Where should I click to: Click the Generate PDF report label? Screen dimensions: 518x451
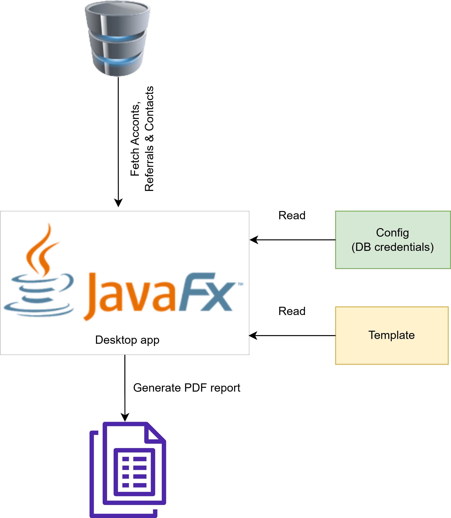pyautogui.click(x=187, y=388)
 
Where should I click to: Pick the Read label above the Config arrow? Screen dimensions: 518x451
pyautogui.click(x=292, y=215)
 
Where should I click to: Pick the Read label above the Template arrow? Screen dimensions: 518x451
pyautogui.click(x=292, y=311)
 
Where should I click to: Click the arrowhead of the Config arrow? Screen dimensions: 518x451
pyautogui.click(x=254, y=240)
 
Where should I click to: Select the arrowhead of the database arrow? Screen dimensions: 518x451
pyautogui.click(x=118, y=203)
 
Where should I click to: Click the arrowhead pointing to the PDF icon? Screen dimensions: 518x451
pyautogui.click(x=125, y=417)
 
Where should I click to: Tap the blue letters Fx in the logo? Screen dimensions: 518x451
pyautogui.click(x=206, y=292)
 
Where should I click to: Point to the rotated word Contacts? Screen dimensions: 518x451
pyautogui.click(x=149, y=108)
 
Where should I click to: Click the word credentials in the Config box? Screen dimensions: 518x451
pyautogui.click(x=404, y=247)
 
